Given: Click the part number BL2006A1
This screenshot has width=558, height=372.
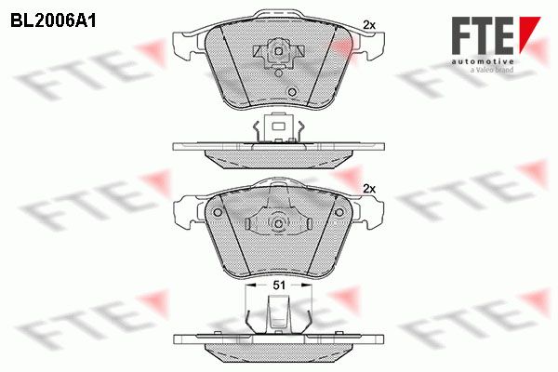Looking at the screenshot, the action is tap(53, 20).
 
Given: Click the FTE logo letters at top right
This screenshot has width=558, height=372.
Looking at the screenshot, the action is tap(483, 35).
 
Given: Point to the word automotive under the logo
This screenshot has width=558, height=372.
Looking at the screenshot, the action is tap(483, 61).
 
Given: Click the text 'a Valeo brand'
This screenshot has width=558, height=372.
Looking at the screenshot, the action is tap(492, 70).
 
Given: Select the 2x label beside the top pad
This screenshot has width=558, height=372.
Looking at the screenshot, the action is tap(369, 25).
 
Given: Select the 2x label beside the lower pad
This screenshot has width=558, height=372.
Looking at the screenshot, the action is tap(369, 189).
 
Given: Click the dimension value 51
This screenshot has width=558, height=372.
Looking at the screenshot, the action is tap(279, 285).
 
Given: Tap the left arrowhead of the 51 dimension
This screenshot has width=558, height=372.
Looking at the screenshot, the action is tap(251, 285).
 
